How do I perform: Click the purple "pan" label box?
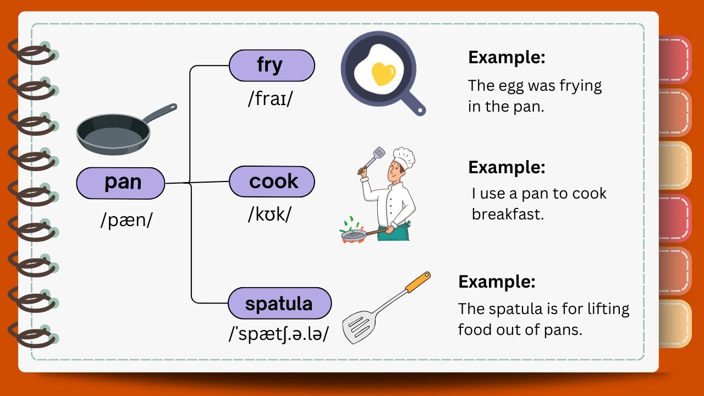click(x=120, y=183)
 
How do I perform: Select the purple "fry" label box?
click(x=272, y=65)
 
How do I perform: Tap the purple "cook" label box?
click(x=272, y=182)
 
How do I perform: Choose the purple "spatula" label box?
click(x=279, y=303)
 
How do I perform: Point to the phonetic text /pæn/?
click(x=127, y=220)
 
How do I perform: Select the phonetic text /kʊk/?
click(x=269, y=215)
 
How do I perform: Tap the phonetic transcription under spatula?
click(x=279, y=334)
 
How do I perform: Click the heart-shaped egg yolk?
click(x=383, y=74)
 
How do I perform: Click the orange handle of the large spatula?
click(x=418, y=282)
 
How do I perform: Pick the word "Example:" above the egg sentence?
click(x=507, y=58)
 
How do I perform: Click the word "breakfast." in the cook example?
click(x=507, y=214)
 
